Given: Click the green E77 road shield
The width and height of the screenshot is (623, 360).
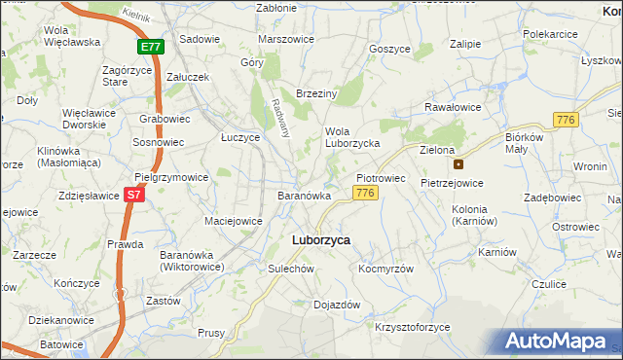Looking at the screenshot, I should click(151, 46).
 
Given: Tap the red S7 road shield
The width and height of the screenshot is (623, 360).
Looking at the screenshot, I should click(135, 195).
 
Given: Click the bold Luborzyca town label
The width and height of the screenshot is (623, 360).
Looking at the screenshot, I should click(321, 239).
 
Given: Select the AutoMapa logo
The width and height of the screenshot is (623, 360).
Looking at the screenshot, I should click(558, 342).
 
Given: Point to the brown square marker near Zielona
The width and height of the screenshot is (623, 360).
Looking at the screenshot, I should click(458, 163).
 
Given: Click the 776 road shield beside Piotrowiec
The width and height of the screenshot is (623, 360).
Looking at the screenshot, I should click(365, 194).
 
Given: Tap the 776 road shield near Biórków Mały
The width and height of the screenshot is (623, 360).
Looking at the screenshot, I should click(566, 119).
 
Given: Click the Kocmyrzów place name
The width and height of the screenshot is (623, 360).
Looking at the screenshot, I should click(386, 269).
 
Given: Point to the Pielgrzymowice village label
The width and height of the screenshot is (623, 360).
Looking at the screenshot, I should click(171, 178).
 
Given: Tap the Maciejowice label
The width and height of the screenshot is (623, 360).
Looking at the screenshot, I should click(233, 221).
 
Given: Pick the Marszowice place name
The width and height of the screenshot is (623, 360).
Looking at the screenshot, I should click(286, 39).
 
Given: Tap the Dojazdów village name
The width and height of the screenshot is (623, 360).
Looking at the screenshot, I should click(337, 305).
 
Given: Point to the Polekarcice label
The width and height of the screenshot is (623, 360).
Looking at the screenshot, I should click(551, 34).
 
